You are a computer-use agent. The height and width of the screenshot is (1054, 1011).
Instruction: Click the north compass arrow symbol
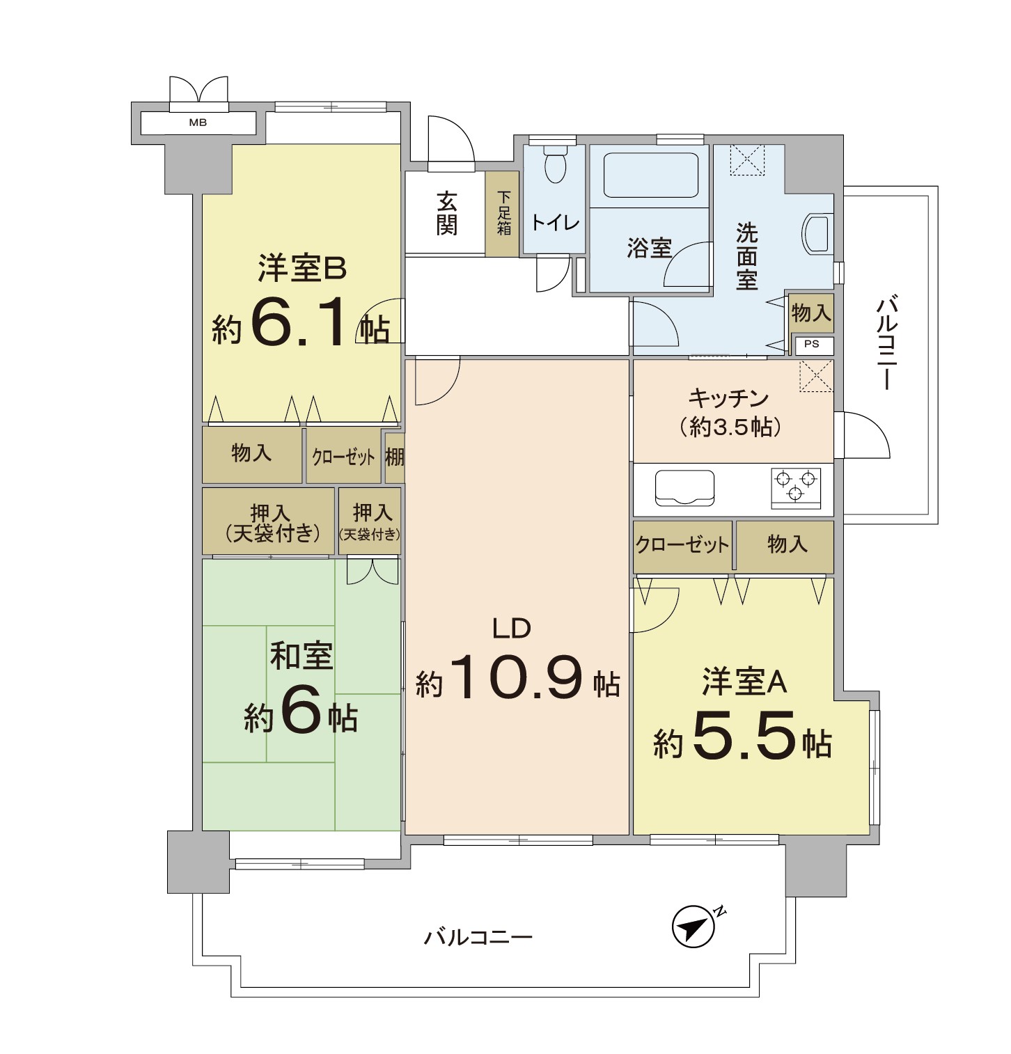693,927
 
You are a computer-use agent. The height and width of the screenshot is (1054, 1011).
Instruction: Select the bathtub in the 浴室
650,175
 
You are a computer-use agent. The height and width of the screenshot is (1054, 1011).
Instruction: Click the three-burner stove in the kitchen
796,487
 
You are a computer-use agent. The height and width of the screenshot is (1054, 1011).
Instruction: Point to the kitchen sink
684,488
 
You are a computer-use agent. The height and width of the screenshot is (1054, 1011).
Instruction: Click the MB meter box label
198,123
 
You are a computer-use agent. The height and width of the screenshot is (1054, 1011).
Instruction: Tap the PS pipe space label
812,345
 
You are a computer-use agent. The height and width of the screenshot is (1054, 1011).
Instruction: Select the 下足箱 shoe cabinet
502,214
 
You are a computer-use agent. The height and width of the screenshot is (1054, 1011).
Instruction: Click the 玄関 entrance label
446,214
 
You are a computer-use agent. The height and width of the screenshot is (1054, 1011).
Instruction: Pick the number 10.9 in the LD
517,677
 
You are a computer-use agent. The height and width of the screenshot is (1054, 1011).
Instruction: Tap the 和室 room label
301,656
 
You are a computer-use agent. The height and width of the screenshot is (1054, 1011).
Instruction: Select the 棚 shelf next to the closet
394,457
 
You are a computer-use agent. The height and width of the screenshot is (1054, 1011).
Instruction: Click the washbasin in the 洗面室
817,233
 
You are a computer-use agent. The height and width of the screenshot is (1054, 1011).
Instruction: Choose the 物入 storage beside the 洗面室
811,313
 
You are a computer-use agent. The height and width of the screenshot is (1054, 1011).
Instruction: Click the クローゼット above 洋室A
682,545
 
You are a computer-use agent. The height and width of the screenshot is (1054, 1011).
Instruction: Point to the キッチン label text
728,398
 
